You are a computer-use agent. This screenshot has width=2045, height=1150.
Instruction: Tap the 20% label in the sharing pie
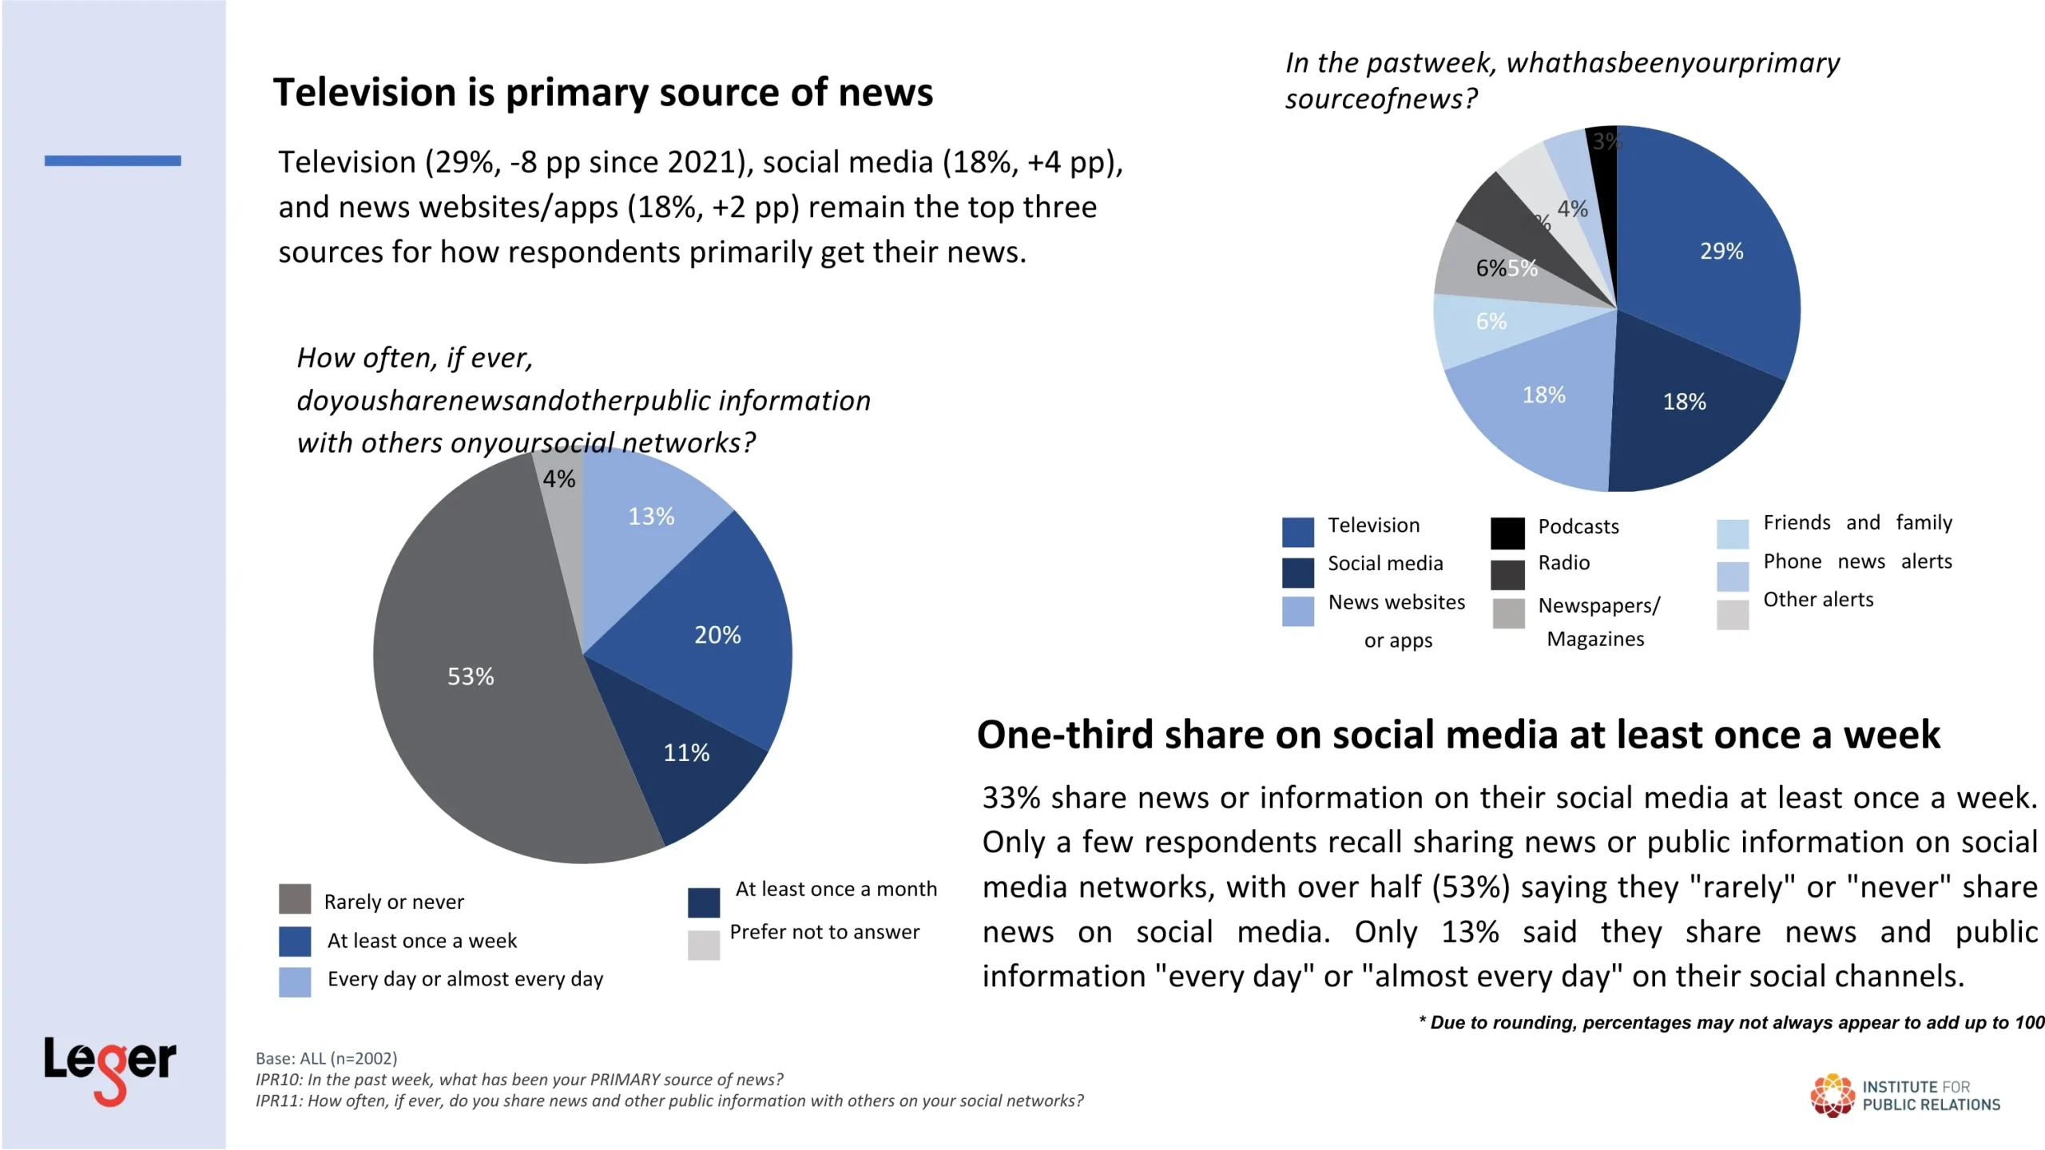coord(717,635)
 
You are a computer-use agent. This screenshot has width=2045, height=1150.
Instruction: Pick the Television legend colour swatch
coord(1297,532)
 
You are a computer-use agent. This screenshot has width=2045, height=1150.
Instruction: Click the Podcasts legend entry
coord(1578,526)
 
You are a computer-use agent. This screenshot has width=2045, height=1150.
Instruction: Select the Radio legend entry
coord(1563,563)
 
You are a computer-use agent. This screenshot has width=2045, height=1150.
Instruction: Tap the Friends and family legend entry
coord(1856,523)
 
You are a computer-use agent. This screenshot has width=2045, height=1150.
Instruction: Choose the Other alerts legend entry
coord(1817,600)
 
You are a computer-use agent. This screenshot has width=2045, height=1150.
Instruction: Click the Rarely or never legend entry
coord(393,902)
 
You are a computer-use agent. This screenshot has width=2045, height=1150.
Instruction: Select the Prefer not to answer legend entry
coord(824,932)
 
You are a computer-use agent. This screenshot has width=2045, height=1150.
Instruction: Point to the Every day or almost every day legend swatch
coord(295,981)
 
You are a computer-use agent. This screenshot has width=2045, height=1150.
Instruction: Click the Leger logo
coord(109,1066)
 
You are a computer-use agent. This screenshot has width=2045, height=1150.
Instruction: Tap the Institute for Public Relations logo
coord(1905,1095)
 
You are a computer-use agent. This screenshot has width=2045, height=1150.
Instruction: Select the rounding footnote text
coord(1730,1023)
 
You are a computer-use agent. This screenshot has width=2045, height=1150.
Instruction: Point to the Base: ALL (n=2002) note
coord(326,1059)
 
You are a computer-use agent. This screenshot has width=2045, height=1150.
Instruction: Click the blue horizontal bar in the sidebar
coord(113,161)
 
